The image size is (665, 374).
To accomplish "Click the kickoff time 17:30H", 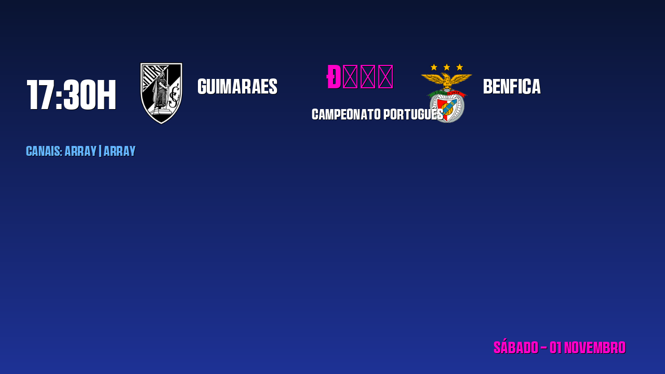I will click(71, 95).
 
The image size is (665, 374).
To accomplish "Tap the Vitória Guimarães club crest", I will click(162, 93).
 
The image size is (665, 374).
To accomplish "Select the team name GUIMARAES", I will click(237, 87).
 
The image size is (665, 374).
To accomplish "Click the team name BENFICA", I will click(512, 87).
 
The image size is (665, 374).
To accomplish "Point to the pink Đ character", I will click(334, 77).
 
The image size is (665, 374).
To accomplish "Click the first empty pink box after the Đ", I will click(350, 77).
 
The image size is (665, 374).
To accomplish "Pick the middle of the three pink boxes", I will click(368, 77).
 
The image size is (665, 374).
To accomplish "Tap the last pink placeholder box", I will click(385, 77).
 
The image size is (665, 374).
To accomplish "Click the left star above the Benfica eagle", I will click(434, 67).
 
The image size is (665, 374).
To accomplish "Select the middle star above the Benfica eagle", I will click(447, 67).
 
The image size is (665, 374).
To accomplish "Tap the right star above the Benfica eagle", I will click(459, 67).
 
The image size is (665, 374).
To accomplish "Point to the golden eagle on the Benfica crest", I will click(446, 81).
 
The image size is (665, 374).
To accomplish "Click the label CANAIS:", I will click(44, 151).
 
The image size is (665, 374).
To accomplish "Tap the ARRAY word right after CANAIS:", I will click(81, 151).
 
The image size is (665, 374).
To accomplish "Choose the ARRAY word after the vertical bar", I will click(119, 151).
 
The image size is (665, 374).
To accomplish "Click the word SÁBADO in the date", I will click(515, 348).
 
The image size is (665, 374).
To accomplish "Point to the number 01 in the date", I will click(555, 348).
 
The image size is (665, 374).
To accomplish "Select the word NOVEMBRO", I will click(595, 348).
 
